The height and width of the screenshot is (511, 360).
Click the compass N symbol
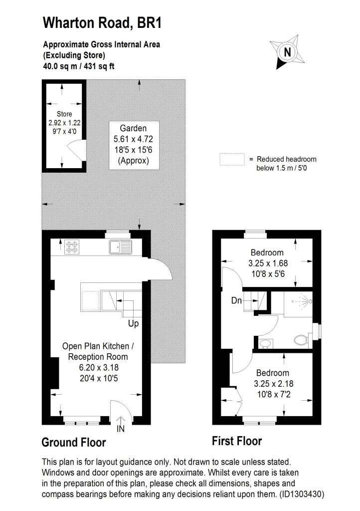[287, 52]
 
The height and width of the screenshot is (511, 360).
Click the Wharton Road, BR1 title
[102, 23]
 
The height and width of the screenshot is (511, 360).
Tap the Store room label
[64, 114]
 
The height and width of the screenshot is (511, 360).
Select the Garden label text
[133, 128]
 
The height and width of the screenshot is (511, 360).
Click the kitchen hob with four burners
[72, 247]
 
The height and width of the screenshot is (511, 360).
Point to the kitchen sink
[120, 247]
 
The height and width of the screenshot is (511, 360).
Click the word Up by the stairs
[134, 323]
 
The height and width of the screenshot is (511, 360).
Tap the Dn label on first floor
[237, 300]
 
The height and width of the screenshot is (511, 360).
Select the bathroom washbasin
[266, 343]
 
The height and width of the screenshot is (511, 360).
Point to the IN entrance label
[121, 429]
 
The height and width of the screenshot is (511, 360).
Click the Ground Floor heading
[74, 442]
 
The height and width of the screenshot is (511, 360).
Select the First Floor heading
[237, 441]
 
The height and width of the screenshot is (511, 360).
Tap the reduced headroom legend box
[232, 159]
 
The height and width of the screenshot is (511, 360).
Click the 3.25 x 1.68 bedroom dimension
[268, 263]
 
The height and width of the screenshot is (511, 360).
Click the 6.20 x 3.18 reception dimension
[99, 367]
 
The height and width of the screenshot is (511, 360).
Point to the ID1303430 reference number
[302, 494]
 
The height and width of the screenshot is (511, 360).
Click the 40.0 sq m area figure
[60, 66]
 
